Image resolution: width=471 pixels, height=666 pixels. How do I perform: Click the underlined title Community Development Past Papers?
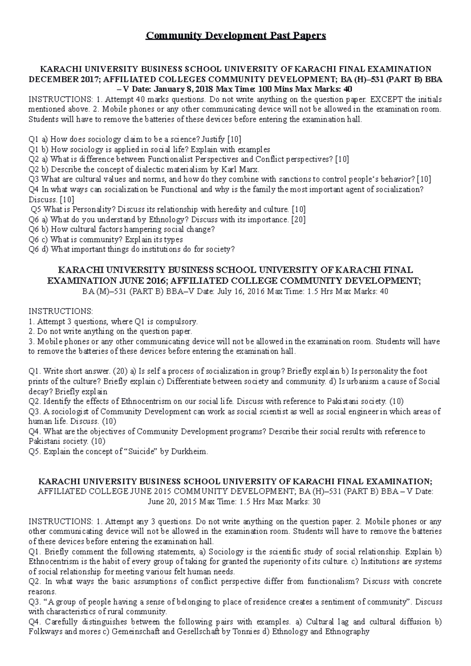tap(235, 36)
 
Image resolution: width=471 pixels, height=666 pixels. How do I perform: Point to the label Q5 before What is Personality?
tap(36, 209)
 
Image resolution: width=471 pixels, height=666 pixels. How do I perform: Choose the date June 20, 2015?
tap(172, 502)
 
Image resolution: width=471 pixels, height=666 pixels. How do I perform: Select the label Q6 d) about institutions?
tap(38, 249)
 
